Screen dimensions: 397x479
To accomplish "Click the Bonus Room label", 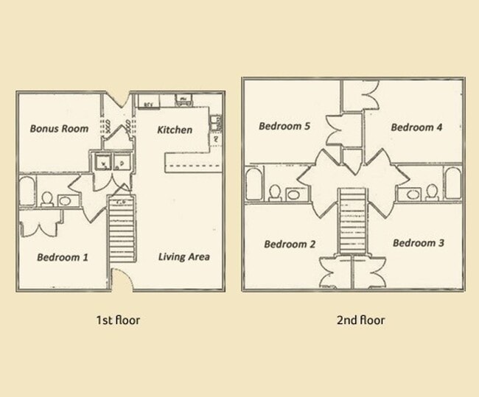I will [x=59, y=129].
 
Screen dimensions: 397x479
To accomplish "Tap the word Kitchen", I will [x=175, y=130].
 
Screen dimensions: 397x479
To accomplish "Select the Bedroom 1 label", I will [x=63, y=257].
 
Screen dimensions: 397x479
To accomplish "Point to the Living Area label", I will [x=184, y=257].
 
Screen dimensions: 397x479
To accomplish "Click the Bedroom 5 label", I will [x=284, y=126].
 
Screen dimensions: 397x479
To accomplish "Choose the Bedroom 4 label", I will [x=416, y=127].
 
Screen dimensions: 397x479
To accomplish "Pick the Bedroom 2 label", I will [x=290, y=244].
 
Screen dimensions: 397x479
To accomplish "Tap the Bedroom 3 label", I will [x=418, y=243].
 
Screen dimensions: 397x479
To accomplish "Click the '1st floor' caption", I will [x=118, y=320].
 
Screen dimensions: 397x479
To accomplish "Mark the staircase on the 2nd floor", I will [x=352, y=221].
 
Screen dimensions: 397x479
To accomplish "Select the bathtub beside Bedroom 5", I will [x=254, y=183].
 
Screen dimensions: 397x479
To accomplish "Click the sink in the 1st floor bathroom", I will [x=65, y=200].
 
